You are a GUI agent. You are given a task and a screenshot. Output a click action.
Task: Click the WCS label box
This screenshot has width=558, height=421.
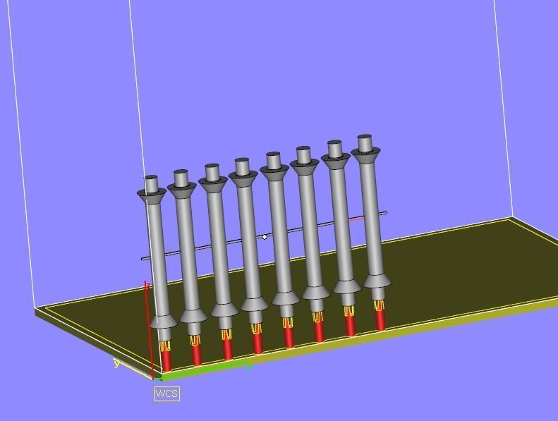[x=167, y=393]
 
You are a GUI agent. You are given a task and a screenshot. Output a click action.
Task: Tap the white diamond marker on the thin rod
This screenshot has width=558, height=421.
[x=265, y=237]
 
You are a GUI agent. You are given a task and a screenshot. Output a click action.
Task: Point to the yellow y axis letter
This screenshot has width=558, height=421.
[x=116, y=364]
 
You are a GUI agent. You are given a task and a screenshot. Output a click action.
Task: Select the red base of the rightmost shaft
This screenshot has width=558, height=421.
[x=381, y=322]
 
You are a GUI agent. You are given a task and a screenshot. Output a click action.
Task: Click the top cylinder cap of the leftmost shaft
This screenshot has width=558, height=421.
[x=151, y=185]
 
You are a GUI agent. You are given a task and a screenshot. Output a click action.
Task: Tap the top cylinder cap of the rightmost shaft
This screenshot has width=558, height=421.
[x=365, y=144]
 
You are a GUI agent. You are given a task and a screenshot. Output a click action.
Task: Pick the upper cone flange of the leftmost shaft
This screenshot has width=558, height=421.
[x=152, y=195]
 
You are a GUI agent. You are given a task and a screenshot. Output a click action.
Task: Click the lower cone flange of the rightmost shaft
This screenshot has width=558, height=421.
[x=377, y=281]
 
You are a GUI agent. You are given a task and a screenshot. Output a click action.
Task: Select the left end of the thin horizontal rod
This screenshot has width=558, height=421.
[x=145, y=259]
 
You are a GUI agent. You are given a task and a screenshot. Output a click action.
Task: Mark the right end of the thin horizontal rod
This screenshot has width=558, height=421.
[x=384, y=213]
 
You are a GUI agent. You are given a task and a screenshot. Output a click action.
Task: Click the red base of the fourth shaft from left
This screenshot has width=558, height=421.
[x=257, y=342]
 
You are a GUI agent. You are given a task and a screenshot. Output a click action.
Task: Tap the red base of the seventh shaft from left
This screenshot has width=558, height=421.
[x=351, y=326]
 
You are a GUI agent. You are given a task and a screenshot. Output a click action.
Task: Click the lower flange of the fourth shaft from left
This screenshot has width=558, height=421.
[x=254, y=303]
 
